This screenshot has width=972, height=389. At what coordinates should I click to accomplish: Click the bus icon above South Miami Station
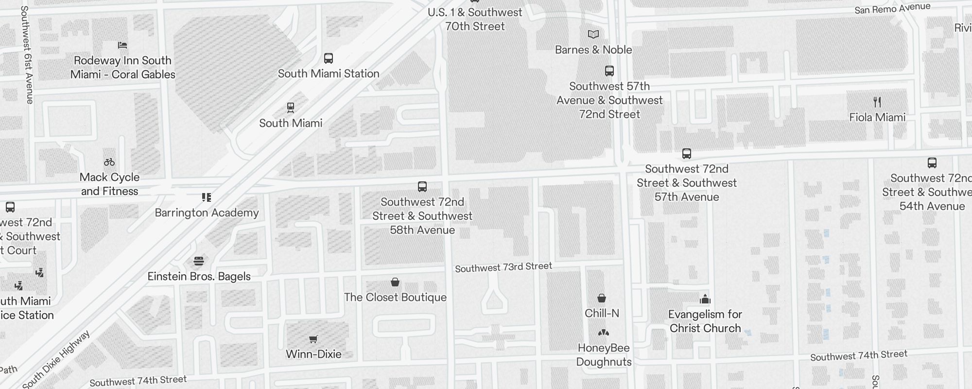coord(329,59)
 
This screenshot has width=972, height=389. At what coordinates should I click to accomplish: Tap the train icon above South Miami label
coord(291,107)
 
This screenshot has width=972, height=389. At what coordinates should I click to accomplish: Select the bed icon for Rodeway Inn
coord(122,45)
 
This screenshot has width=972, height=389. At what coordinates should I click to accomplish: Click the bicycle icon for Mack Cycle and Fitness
coord(109,162)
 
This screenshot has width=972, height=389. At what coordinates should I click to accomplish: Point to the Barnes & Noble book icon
coord(593,34)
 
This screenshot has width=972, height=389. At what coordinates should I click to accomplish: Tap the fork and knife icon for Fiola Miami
coord(877,102)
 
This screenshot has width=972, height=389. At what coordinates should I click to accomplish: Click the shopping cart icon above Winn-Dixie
coord(313,339)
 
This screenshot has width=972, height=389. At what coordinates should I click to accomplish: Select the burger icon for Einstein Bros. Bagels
coord(198,261)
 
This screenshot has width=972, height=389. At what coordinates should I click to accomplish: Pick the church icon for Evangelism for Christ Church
coord(705,299)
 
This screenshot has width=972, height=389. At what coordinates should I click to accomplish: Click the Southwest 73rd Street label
coord(503,267)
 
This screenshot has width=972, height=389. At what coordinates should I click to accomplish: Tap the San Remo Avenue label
coord(892,8)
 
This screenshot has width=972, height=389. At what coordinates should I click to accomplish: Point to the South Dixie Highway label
coord(56,360)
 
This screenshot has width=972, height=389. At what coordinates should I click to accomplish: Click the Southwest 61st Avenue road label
coord(27,54)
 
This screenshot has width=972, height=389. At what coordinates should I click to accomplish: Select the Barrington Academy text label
coord(207,212)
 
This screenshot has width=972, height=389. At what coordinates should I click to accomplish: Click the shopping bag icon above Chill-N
coord(602,298)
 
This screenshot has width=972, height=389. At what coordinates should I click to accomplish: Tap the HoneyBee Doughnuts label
coord(604,354)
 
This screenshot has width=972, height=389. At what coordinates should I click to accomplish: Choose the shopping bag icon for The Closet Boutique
coord(395,282)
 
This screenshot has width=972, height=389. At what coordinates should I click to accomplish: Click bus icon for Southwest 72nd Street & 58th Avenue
coord(422,187)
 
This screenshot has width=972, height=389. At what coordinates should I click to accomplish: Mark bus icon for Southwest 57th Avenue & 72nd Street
coord(609,71)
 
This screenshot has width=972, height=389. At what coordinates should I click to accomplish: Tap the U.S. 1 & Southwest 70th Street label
coord(475,19)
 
